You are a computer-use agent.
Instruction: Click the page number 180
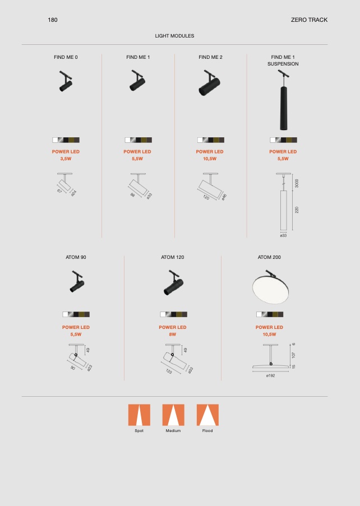[53, 20]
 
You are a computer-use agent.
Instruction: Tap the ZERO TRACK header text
[309, 20]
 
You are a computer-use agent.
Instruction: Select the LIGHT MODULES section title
[174, 36]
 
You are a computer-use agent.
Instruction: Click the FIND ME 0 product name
[66, 57]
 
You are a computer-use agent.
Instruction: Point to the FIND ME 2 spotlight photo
[209, 83]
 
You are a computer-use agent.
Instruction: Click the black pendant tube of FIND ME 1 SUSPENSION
[283, 108]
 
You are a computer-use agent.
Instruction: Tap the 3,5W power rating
[66, 159]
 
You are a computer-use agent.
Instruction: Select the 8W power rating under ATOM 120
[172, 335]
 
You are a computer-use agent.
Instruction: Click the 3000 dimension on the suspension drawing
[297, 183]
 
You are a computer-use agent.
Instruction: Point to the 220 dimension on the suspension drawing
[297, 210]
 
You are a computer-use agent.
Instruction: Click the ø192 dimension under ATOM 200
[271, 375]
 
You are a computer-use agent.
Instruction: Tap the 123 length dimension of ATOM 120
[169, 372]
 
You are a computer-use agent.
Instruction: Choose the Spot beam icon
[139, 415]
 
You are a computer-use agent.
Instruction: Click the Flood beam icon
[207, 415]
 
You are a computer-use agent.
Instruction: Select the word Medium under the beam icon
[173, 431]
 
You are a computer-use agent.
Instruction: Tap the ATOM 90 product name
[76, 257]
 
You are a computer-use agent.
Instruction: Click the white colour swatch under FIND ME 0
[55, 140]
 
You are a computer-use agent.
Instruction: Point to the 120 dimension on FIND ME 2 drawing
[206, 197]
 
